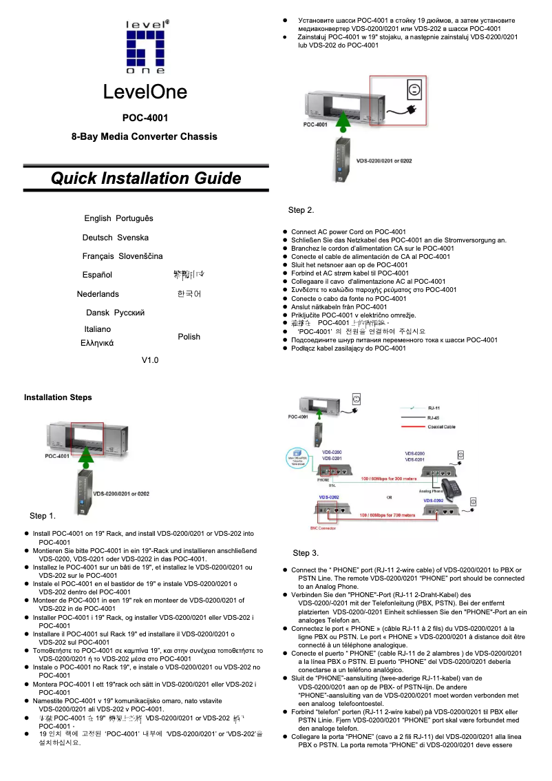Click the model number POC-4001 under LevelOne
click(145, 118)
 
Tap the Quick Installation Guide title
click(146, 178)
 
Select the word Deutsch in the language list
click(97, 238)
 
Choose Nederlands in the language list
click(98, 294)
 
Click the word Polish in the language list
click(189, 337)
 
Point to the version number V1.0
click(149, 360)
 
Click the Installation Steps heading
click(58, 397)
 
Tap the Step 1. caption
click(43, 516)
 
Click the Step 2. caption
click(301, 210)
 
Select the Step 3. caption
click(306, 553)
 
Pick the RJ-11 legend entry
click(433, 407)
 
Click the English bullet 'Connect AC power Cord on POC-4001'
click(348, 231)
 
